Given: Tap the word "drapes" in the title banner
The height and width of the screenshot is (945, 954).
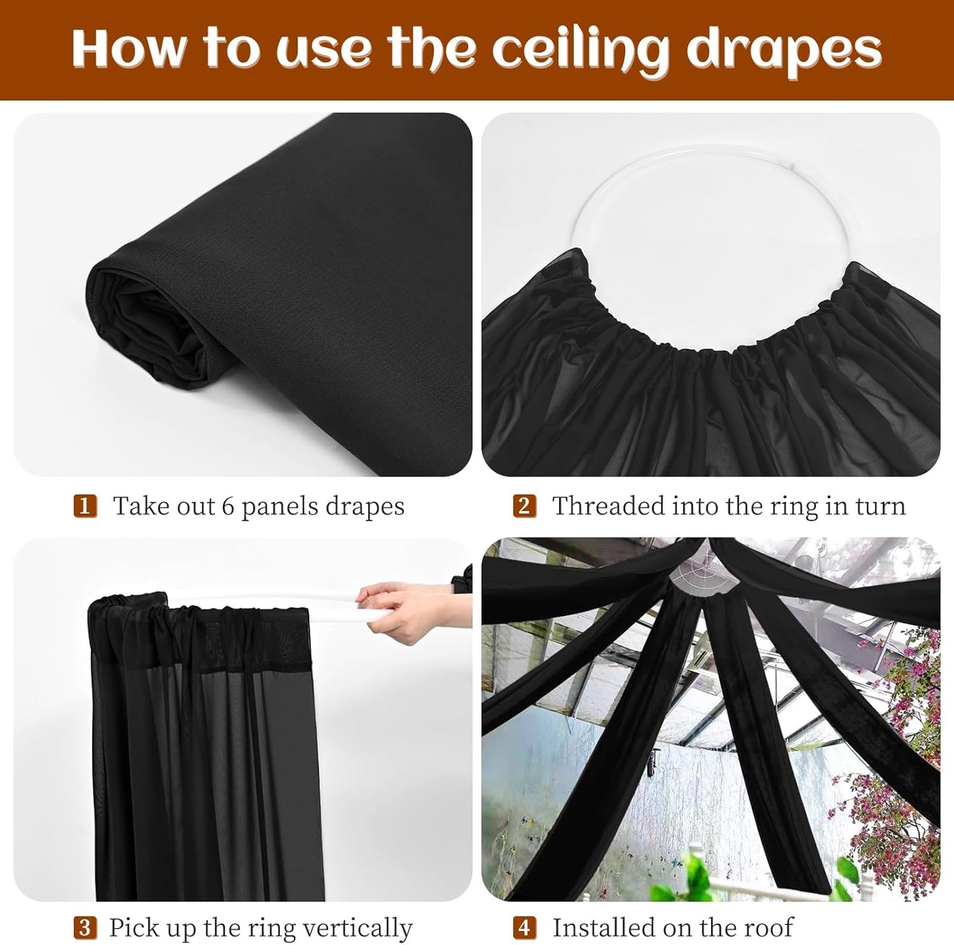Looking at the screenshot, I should (x=784, y=50).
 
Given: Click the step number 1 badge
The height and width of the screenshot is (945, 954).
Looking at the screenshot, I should (x=85, y=507).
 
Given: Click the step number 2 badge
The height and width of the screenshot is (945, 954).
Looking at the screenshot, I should (x=524, y=507).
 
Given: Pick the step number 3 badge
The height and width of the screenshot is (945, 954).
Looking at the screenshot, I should (x=85, y=928).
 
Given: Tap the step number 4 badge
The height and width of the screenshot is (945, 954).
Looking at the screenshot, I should (x=524, y=928).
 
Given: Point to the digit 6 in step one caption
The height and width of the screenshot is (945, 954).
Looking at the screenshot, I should (x=228, y=507).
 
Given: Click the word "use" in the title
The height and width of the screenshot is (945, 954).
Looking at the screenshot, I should (x=327, y=50).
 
